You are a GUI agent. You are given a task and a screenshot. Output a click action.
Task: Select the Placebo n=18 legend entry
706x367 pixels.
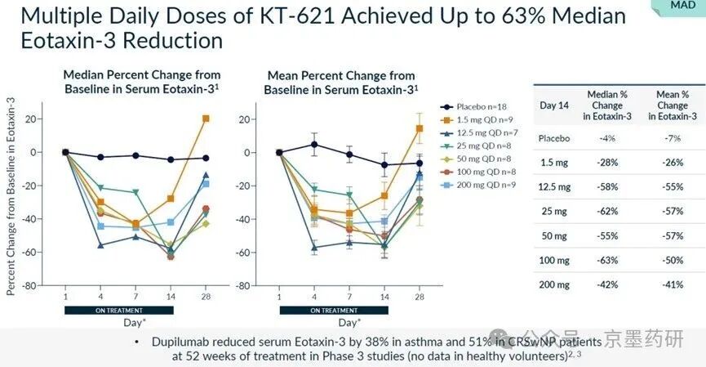[479, 106]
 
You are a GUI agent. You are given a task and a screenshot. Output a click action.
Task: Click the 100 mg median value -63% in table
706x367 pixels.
[608, 259]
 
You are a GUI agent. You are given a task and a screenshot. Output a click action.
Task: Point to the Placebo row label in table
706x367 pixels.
[554, 137]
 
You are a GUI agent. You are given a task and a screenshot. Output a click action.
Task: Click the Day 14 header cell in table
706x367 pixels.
[554, 105]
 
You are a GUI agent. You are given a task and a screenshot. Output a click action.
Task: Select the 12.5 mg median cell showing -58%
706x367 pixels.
[608, 186]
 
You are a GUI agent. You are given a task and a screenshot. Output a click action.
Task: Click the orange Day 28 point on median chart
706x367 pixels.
[206, 119]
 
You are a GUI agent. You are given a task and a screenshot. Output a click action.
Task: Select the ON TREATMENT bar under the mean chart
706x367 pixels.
[331, 310]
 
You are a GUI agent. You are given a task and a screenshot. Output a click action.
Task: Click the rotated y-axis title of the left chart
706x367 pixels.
[11, 195]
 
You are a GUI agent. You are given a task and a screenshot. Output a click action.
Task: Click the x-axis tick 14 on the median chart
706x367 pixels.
[171, 296]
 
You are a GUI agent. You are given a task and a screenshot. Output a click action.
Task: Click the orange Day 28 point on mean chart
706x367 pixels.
[420, 128]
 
